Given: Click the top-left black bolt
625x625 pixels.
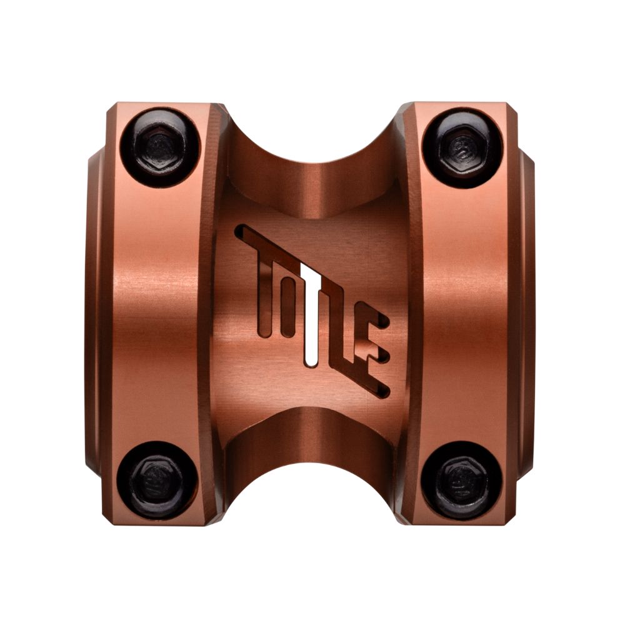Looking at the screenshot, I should tap(160, 147).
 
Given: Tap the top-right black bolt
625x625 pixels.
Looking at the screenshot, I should tap(462, 147).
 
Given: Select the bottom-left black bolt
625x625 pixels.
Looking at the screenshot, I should tap(160, 479).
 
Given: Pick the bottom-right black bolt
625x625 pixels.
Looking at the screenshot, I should tap(462, 479).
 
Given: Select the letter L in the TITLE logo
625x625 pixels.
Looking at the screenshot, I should tap(341, 331).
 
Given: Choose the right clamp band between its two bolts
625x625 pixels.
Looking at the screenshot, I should tap(466, 312).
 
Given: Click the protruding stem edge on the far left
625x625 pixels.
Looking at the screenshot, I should tap(91, 312).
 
